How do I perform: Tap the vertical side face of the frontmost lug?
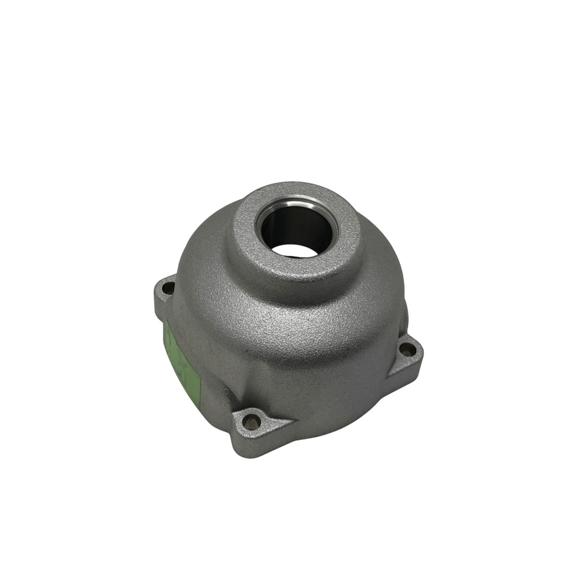tap(256, 444)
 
